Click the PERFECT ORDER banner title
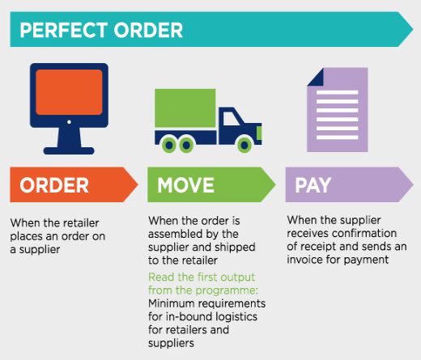pos(101,30)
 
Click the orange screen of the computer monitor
pos(69,92)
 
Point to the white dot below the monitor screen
pos(69,122)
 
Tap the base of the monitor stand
pos(69,150)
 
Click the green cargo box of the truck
pos(185,108)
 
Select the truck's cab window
pos(231,118)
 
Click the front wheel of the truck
pos(245,145)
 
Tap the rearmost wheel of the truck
pos(169,145)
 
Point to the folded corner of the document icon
pos(316,77)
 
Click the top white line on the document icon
pos(337,92)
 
